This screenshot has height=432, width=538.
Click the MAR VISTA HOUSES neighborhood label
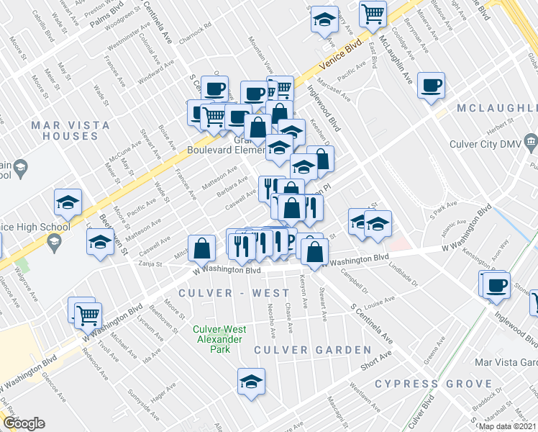(x=70, y=130)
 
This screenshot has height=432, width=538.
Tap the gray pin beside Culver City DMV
(x=531, y=140)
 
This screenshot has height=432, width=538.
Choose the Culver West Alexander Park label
(x=219, y=340)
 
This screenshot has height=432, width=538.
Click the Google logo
(x=24, y=423)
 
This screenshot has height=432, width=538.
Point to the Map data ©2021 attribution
(x=506, y=426)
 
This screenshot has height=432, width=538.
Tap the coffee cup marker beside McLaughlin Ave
(x=431, y=86)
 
